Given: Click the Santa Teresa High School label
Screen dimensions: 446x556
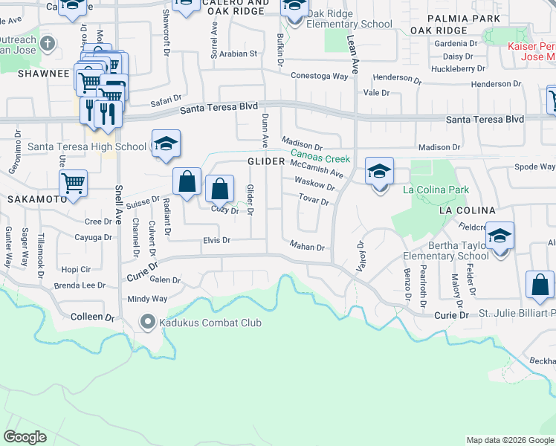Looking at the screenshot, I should pyautogui.click(x=86, y=146).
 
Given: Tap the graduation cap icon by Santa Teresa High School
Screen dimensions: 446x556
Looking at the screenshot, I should pyautogui.click(x=167, y=145).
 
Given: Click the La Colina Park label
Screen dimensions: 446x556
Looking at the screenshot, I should pyautogui.click(x=436, y=190).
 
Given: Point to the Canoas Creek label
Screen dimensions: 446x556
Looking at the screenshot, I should pyautogui.click(x=326, y=158).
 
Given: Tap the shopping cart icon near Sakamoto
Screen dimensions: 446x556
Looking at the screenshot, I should pyautogui.click(x=74, y=184).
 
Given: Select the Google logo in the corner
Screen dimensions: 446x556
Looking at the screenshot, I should pyautogui.click(x=25, y=437).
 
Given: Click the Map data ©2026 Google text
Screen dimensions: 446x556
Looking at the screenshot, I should pyautogui.click(x=509, y=440).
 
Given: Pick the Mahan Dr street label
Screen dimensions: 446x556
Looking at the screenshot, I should pyautogui.click(x=308, y=247).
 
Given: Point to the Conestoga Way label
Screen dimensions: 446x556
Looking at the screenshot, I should pyautogui.click(x=320, y=76).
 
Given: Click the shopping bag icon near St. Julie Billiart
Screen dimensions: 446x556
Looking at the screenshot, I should pyautogui.click(x=540, y=285).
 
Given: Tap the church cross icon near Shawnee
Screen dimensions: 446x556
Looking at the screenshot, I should pyautogui.click(x=47, y=42).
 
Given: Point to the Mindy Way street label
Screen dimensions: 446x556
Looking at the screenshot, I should pyautogui.click(x=148, y=299).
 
